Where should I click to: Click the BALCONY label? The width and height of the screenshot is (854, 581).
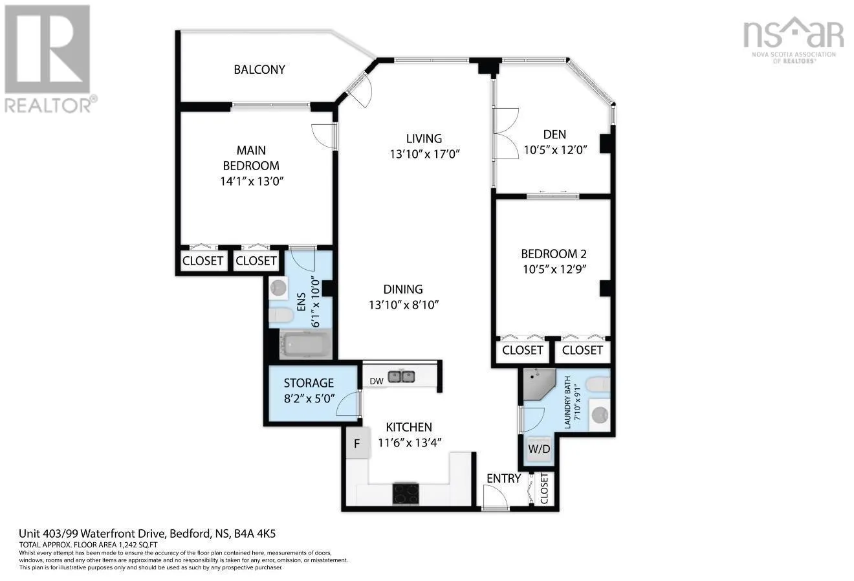(x=259, y=69)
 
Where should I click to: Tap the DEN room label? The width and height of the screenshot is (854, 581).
(x=554, y=134)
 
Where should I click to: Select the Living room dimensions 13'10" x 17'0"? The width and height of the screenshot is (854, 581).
(x=424, y=154)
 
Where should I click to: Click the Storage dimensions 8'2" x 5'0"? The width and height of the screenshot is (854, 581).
(x=309, y=399)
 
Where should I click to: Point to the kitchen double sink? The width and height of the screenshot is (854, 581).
(x=402, y=377)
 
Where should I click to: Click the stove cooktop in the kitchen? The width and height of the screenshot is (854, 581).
(x=406, y=494)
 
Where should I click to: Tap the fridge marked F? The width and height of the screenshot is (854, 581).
(x=358, y=443)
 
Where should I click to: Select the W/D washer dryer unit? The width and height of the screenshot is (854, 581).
(x=539, y=449)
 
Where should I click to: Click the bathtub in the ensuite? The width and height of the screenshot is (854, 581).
(x=305, y=345)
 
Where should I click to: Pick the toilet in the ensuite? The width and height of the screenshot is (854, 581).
(x=281, y=316)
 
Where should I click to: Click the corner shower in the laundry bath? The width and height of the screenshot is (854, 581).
(x=539, y=384)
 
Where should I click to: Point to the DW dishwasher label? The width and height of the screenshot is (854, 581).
(x=377, y=381)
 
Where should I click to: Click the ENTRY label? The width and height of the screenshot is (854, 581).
(x=503, y=478)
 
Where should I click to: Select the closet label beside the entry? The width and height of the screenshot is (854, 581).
(x=543, y=488)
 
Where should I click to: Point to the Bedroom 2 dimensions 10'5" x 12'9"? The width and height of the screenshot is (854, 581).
(x=554, y=270)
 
